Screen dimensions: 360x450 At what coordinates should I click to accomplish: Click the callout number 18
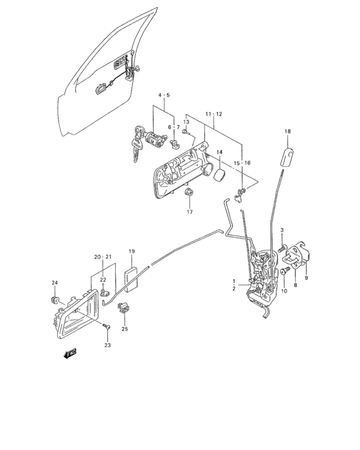tap(287, 131)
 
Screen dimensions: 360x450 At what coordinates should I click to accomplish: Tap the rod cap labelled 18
tap(287, 157)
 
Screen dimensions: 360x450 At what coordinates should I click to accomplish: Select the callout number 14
tap(219, 152)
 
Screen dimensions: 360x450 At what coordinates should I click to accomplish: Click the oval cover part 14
tap(221, 175)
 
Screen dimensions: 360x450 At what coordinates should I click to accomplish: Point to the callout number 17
tap(190, 212)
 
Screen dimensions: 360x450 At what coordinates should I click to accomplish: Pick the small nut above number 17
tap(190, 192)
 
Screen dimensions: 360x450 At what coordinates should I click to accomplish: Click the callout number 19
tap(132, 251)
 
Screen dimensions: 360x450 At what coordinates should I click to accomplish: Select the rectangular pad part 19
tap(131, 280)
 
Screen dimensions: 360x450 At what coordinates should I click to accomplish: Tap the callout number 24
tap(55, 283)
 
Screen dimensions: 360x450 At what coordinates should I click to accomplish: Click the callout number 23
tap(107, 345)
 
